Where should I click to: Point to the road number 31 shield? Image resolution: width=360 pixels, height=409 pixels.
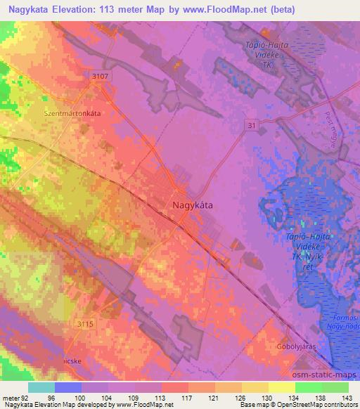pos(251,124)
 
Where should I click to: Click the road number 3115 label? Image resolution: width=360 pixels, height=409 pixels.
pos(85,323)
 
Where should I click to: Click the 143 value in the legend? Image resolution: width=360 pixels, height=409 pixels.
pos(347,397)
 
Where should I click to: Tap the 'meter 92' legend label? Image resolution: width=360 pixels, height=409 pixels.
pos(16,397)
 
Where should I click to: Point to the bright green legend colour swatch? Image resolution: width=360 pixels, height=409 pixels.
pos(309,387)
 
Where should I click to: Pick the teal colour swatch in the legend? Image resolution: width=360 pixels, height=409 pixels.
pos(41,387)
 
